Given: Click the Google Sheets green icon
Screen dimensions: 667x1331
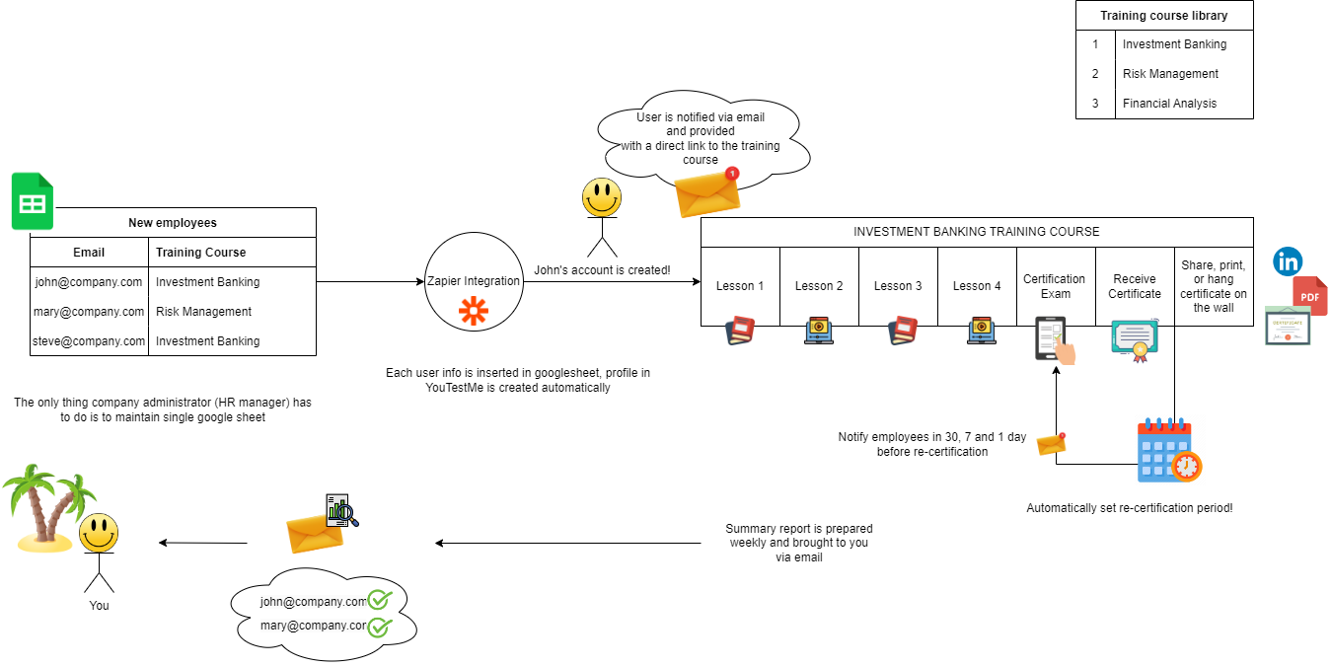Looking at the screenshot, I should (x=33, y=201).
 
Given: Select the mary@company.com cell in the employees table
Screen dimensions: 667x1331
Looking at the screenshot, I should (x=90, y=312).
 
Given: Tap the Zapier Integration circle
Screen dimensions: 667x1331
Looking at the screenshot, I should (x=474, y=282).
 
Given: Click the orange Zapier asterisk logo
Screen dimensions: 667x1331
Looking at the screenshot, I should (x=474, y=311).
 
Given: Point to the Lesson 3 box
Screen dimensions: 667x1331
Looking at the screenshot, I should (x=898, y=286).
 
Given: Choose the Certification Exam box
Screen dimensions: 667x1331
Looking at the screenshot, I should (x=1054, y=286).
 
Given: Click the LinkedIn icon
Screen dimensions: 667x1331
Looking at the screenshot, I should (x=1287, y=261).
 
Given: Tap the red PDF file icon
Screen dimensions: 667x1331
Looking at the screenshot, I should (x=1310, y=296).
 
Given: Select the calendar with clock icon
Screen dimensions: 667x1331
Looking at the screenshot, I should (x=1168, y=452).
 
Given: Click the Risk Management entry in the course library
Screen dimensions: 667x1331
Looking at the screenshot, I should (x=1170, y=74).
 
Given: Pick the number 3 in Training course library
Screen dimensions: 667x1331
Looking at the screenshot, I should (x=1095, y=104).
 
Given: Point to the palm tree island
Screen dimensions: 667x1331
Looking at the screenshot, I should (x=44, y=508).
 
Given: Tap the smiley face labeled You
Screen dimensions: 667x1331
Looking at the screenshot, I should (x=99, y=534).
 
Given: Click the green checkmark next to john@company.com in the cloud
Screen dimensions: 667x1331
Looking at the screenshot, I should (x=380, y=599).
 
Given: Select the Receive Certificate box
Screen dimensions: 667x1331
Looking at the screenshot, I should (x=1135, y=286).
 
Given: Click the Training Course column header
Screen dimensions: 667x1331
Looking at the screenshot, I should (x=201, y=253).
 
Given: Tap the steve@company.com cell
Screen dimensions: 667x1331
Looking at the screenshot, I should (x=90, y=341).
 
